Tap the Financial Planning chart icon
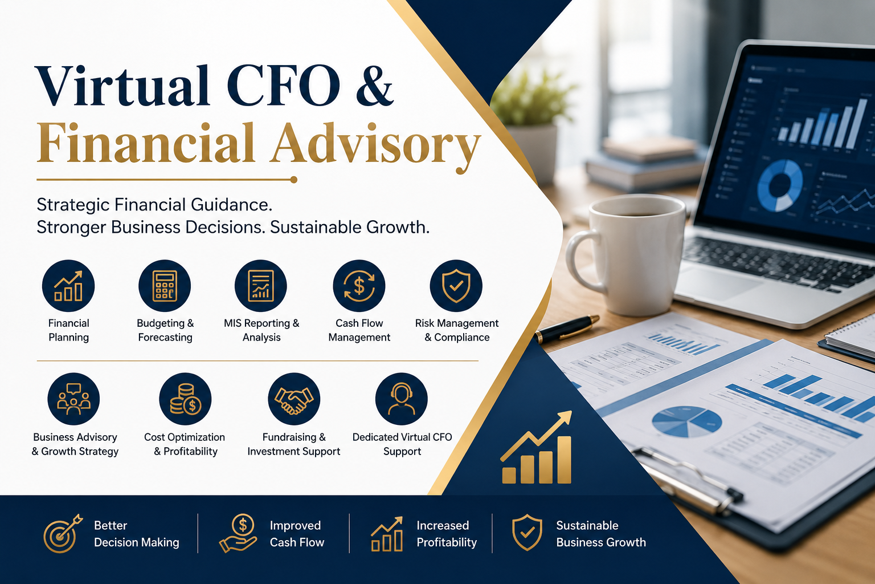(x=68, y=286)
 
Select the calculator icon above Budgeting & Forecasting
(x=165, y=286)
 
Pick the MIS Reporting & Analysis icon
(x=260, y=286)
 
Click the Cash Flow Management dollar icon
(x=359, y=286)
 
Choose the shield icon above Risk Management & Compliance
(x=456, y=286)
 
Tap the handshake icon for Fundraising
(x=294, y=399)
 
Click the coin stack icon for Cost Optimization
(x=185, y=399)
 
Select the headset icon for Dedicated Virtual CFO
(x=401, y=399)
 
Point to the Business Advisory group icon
(x=73, y=399)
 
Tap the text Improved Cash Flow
(x=297, y=534)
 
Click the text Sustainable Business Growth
(x=601, y=534)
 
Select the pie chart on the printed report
(x=686, y=421)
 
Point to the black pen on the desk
(x=566, y=329)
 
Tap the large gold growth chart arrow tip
(x=571, y=412)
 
